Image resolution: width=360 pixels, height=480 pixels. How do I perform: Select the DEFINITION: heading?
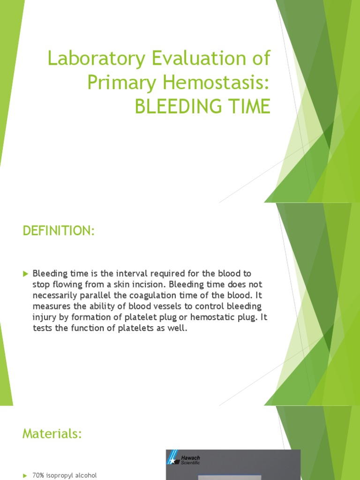[x=59, y=231]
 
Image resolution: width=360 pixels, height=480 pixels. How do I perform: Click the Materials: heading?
[x=52, y=434]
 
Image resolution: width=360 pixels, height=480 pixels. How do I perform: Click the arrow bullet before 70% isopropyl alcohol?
[x=25, y=476]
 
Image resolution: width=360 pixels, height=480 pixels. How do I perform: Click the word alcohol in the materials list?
[x=87, y=476]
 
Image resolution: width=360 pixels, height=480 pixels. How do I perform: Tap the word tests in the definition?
[x=42, y=329]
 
